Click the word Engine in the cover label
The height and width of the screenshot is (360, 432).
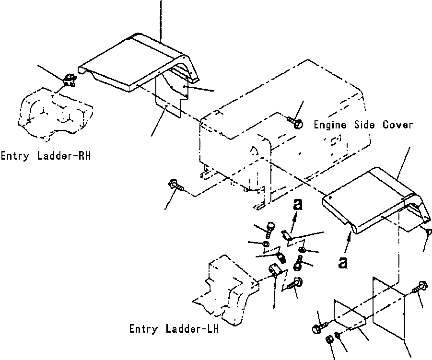(x=330, y=125)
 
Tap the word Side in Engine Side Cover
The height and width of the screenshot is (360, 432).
(x=364, y=125)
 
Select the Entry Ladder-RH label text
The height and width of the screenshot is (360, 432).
(x=46, y=156)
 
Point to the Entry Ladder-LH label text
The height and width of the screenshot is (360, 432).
(x=174, y=328)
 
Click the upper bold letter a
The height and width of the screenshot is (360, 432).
(x=298, y=205)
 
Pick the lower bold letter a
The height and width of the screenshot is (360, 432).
(x=343, y=263)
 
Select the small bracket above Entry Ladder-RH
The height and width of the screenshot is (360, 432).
(x=70, y=80)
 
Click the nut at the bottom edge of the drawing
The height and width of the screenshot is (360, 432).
(x=329, y=339)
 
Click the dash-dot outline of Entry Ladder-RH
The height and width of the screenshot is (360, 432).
(x=55, y=114)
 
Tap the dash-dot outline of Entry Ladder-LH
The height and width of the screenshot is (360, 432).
(x=226, y=290)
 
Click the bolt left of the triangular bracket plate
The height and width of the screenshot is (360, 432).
(x=320, y=328)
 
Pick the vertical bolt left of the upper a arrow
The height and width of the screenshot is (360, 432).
(x=270, y=230)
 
